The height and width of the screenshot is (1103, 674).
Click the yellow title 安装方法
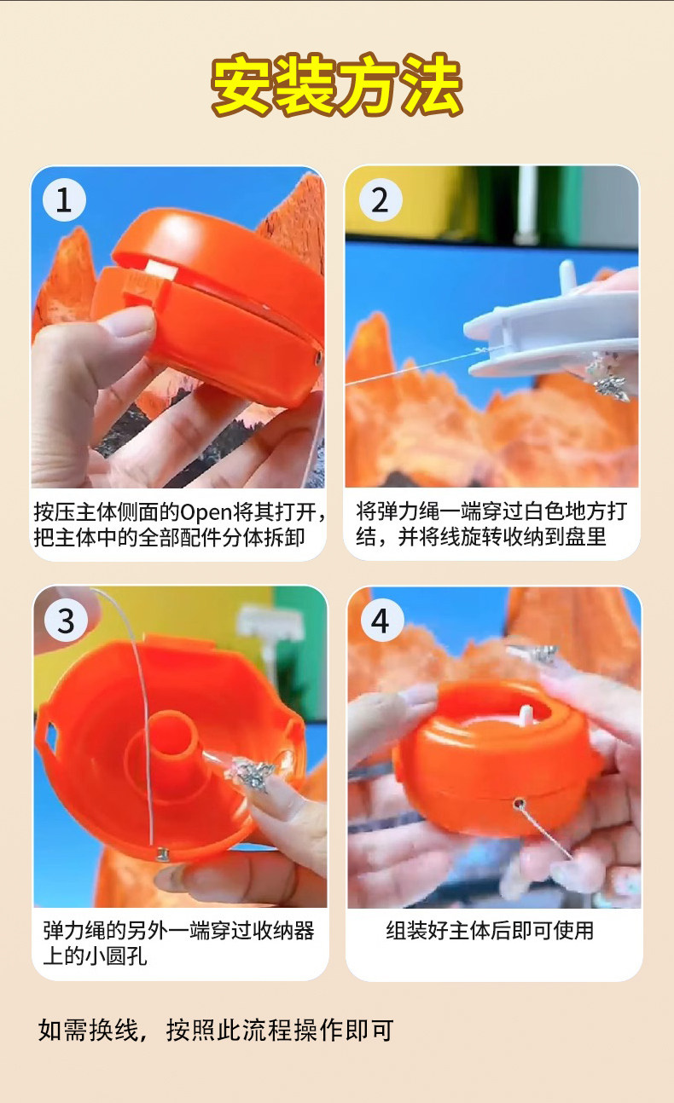point(337,84)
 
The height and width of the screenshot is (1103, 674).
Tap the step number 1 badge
point(64,200)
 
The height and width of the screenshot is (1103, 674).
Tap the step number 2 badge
point(381,200)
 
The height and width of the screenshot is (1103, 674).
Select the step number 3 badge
point(66,621)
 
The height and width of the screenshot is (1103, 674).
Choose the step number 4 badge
point(382,621)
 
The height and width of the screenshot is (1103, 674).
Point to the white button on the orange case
point(158,270)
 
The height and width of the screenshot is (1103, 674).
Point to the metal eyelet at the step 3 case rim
point(162,854)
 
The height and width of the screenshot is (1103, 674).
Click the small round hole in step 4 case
point(518,805)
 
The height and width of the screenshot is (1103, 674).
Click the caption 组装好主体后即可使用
point(490,931)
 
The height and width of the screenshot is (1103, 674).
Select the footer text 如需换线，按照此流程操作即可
point(216,1031)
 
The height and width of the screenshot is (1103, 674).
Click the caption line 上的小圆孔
point(95,956)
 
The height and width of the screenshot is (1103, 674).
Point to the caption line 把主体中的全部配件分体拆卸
point(170,537)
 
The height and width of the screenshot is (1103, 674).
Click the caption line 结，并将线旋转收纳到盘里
point(481,537)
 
